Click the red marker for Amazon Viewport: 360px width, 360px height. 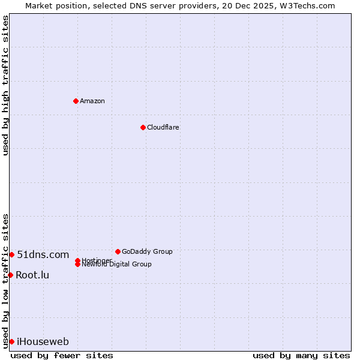click(76, 101)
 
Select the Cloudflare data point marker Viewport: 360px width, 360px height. click(143, 127)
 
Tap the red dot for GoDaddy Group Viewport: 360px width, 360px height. click(118, 251)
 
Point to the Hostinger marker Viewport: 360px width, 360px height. click(77, 260)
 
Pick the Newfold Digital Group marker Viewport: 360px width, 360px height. click(77, 264)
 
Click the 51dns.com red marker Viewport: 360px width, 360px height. click(11, 254)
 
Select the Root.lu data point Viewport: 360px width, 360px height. click(10, 275)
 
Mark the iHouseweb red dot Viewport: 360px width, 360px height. click(11, 341)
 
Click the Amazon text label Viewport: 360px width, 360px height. click(92, 101)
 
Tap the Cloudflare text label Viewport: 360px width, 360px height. click(163, 127)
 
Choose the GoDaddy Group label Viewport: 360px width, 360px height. click(147, 251)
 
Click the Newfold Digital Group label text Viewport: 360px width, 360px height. click(116, 265)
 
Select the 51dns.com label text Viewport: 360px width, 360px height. click(43, 254)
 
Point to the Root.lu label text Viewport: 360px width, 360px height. click(32, 275)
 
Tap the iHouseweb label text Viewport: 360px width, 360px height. click(43, 341)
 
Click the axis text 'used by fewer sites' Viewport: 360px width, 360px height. click(62, 355)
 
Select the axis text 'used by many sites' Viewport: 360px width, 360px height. click(301, 355)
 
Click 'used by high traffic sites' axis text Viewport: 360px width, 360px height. click(5, 85)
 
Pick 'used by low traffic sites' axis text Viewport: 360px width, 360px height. click(5, 280)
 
